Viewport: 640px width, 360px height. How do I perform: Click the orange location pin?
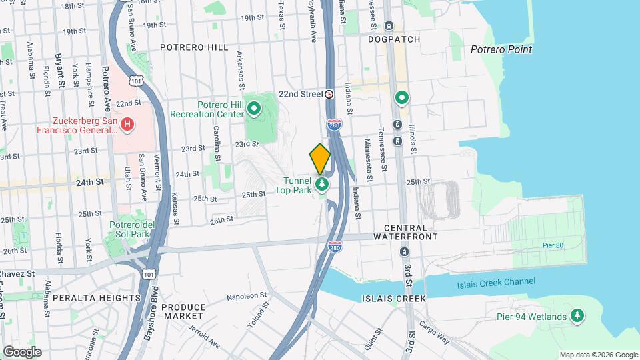click(320, 159)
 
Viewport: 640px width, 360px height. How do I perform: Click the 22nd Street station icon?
click(329, 95)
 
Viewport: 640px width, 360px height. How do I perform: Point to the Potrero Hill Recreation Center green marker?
click(254, 108)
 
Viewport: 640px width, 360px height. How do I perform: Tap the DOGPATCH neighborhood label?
click(394, 39)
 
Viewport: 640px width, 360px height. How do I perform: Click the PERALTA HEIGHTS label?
click(97, 297)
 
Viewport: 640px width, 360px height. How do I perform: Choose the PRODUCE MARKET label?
click(183, 311)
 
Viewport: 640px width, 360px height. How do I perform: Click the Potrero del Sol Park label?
click(132, 229)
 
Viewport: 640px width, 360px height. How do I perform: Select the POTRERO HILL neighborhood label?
click(193, 47)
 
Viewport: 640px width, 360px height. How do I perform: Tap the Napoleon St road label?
click(246, 295)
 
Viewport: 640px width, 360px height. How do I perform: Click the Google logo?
click(22, 352)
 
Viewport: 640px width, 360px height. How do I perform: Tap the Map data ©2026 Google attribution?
click(598, 355)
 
